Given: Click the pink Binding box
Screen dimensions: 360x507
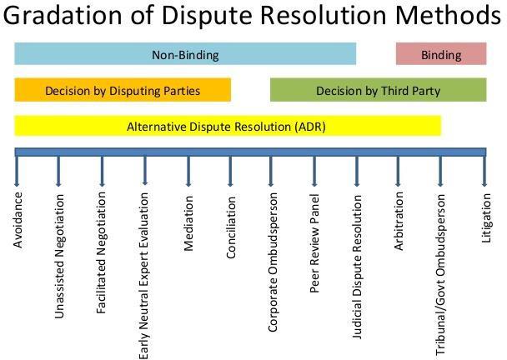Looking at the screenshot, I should (x=440, y=55).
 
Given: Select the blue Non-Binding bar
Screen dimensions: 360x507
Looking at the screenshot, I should (x=185, y=55).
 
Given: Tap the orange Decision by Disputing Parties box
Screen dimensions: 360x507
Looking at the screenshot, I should (x=123, y=90).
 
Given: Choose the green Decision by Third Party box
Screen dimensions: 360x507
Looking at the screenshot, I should (x=378, y=90).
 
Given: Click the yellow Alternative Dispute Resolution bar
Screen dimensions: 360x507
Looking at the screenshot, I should (x=227, y=127).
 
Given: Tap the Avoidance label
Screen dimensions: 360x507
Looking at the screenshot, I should (x=18, y=220).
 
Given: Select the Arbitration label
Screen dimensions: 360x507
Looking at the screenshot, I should (x=399, y=221).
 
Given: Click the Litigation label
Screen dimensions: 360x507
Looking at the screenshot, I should (x=486, y=218).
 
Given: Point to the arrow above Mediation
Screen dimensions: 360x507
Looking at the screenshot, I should (x=188, y=171).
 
